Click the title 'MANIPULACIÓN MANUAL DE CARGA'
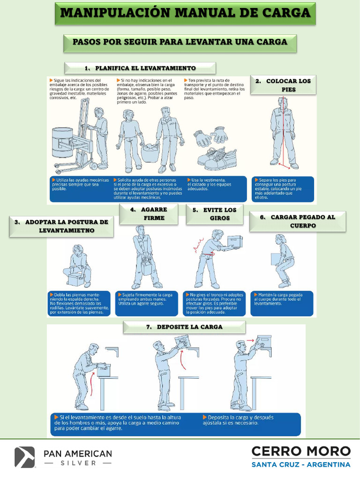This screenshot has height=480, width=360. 186,13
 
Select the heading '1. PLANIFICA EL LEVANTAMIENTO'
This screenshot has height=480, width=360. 140,68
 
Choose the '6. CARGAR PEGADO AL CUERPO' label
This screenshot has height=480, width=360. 298,221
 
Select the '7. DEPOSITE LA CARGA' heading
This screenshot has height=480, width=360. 185,327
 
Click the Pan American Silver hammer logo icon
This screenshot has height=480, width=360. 25,457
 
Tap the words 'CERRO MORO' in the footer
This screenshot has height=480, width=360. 301,451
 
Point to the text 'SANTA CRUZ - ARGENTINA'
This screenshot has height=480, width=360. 301,465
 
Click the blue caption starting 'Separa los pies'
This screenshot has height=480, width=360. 282,188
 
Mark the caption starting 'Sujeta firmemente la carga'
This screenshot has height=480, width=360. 146,300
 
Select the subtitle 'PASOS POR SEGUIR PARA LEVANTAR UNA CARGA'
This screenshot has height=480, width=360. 180,42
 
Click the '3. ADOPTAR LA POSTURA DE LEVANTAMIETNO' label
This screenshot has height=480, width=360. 61,226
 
